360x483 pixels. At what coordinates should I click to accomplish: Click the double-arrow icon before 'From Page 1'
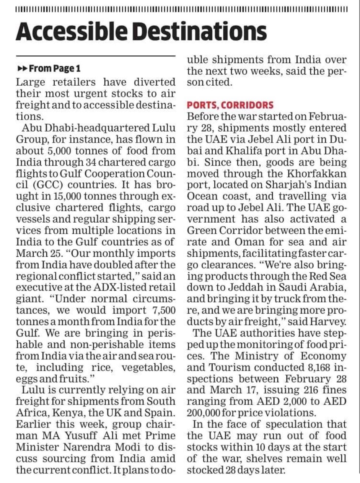(x=23, y=69)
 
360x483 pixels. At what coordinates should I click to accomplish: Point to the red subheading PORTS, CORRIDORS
(x=230, y=105)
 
